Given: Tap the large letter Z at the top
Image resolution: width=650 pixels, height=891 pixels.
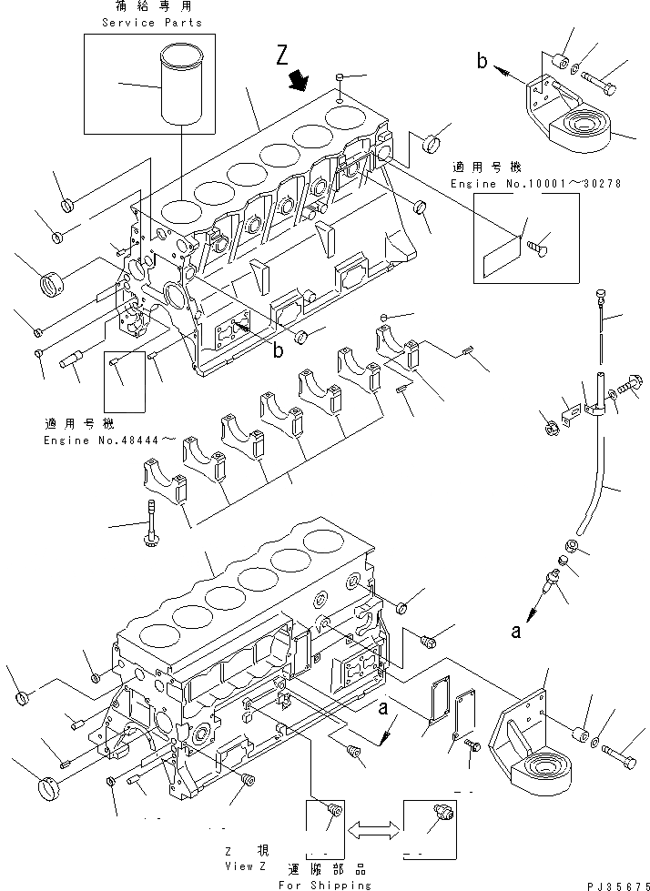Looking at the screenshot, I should coord(285,58).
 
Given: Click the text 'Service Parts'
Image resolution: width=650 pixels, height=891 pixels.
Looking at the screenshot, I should coord(152,22).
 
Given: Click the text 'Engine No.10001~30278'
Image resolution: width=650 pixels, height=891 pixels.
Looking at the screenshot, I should coord(535,184).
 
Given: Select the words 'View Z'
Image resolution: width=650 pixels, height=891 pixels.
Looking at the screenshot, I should coord(235,866).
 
